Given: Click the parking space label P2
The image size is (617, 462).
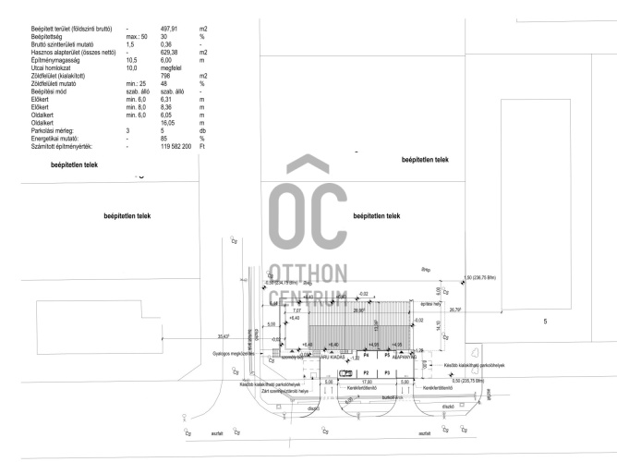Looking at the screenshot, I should coord(366,372).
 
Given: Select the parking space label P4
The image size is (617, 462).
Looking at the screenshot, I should coord(366,354).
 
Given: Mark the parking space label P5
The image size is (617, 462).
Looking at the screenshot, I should coord(387,354).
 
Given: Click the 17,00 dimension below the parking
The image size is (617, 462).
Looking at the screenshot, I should coord(366,381).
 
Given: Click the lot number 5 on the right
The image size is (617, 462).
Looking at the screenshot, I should coord(545,321).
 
